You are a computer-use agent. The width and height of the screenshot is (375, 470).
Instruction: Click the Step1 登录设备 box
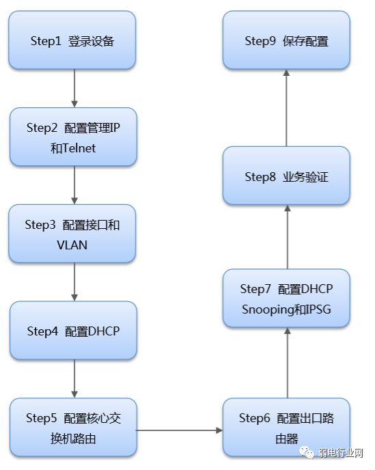72,40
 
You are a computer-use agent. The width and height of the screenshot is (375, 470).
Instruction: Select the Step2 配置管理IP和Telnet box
72,137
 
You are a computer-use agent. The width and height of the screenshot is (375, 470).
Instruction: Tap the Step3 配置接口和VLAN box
72,234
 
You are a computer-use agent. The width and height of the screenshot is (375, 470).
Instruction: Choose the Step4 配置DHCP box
72,331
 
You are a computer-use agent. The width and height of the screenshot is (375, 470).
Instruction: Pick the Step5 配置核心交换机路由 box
72,428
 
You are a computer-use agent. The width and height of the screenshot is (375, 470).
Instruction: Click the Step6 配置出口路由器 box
286,428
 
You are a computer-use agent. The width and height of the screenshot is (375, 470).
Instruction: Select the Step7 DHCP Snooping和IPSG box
286,299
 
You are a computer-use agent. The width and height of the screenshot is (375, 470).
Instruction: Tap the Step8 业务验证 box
286,176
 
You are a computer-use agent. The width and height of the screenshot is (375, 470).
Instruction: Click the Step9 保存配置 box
286,40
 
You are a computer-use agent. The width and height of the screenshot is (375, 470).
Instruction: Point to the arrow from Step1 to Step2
73,88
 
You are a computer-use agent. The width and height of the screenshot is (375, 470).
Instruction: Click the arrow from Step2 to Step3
73,185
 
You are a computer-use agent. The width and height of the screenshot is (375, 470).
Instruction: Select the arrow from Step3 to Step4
73,283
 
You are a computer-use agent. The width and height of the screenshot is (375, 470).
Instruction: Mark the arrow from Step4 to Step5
73,380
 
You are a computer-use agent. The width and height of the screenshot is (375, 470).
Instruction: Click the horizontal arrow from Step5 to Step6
180,430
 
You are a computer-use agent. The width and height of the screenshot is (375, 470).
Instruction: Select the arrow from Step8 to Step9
287,108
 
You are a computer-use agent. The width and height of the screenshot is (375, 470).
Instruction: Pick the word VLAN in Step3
72,245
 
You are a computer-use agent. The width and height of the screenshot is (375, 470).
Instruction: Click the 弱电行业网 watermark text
341,453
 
